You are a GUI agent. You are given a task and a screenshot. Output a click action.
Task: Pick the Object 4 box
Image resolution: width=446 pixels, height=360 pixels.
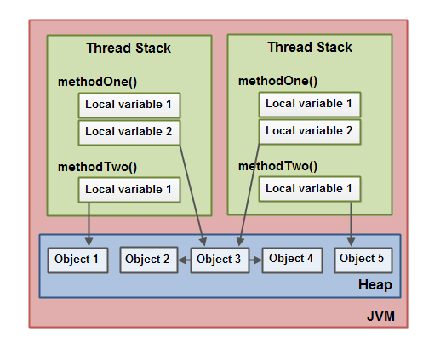(292, 259)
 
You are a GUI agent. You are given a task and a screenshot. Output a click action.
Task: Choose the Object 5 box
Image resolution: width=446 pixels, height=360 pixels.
(363, 259)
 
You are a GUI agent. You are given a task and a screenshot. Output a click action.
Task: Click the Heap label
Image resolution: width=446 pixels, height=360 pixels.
(375, 285)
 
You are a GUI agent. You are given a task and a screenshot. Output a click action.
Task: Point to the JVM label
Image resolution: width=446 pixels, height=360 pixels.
(380, 317)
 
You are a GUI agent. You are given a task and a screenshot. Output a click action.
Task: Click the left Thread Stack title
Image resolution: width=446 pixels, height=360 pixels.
(129, 49)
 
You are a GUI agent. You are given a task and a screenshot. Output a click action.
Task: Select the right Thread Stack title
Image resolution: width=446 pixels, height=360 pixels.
(310, 48)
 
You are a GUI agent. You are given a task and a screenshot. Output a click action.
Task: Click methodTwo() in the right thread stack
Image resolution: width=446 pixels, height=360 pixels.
(277, 165)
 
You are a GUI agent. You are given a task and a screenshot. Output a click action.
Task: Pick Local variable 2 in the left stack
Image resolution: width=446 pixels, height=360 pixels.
(129, 132)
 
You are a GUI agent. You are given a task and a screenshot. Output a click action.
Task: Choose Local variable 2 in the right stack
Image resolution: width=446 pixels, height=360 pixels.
(309, 131)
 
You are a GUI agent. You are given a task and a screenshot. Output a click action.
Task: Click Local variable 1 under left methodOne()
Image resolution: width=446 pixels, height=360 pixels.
(129, 106)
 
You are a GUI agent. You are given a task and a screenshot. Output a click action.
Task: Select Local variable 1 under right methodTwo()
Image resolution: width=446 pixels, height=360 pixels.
(309, 188)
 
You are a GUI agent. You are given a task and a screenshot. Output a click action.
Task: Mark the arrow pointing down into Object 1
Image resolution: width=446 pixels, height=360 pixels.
(89, 223)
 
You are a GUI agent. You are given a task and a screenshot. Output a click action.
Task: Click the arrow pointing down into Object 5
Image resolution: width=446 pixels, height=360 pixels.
(352, 223)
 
